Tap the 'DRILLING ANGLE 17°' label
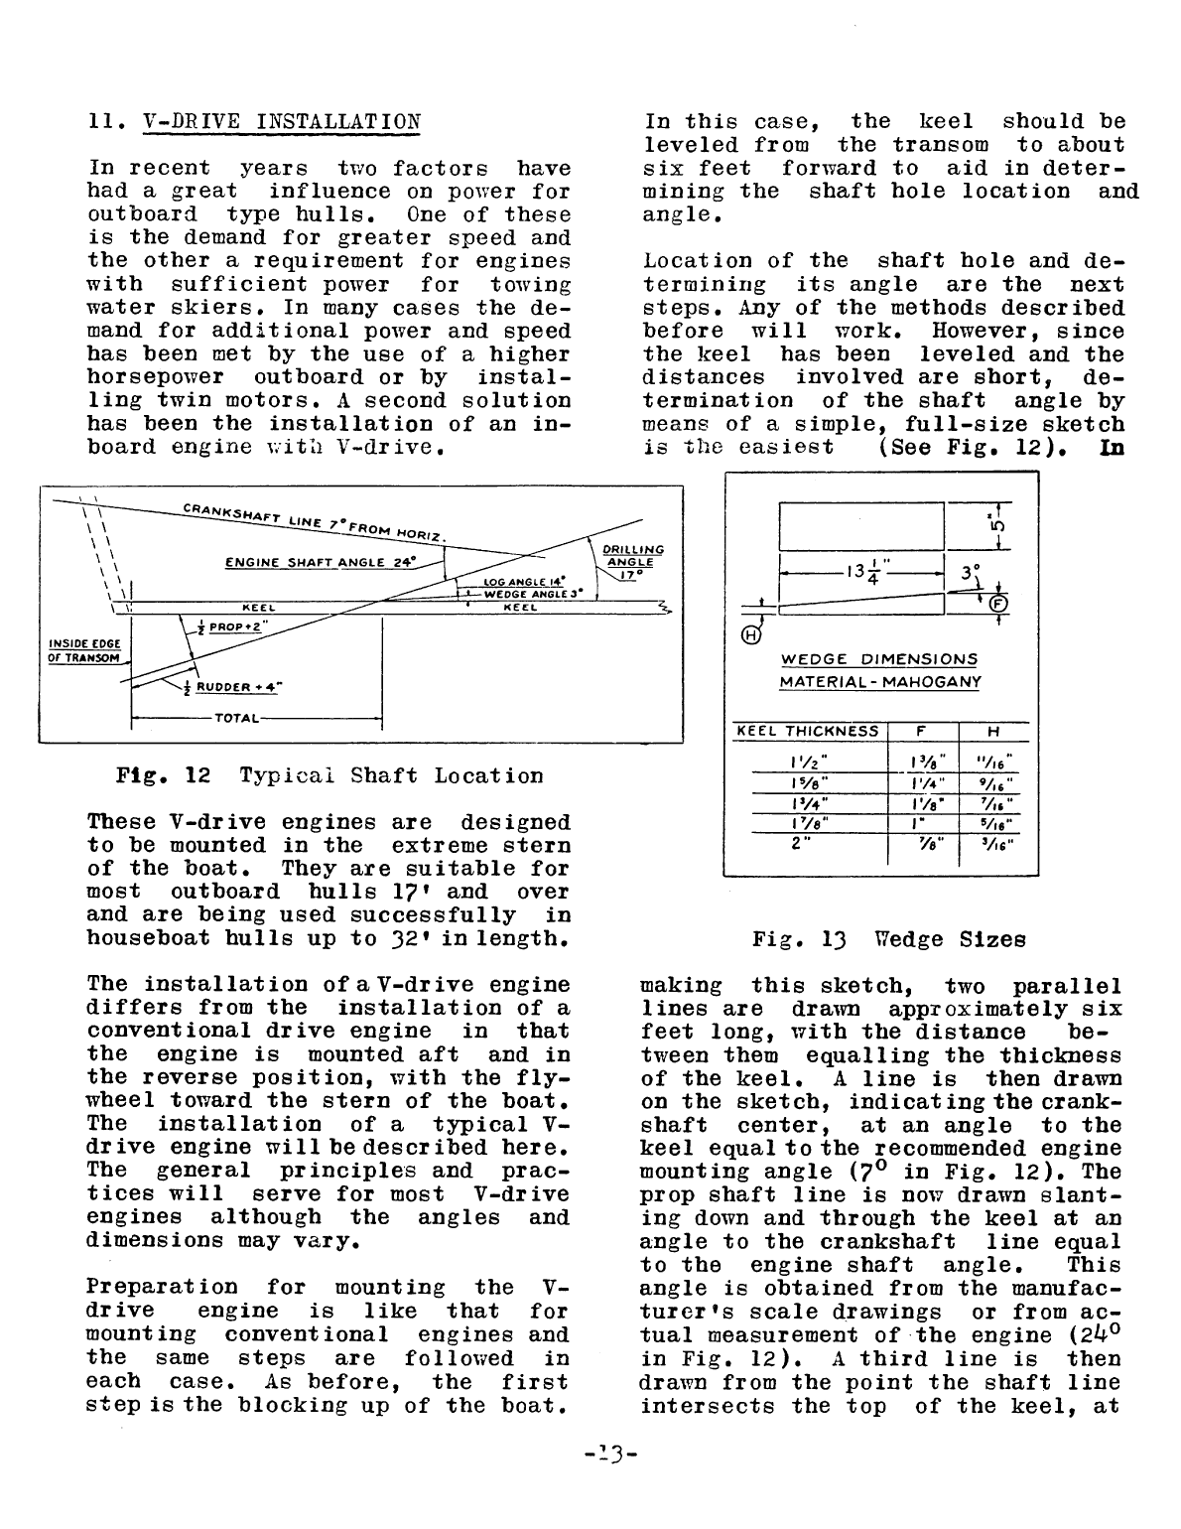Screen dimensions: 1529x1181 631,561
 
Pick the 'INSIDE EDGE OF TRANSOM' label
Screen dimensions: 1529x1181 83,651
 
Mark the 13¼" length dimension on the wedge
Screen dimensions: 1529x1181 860,574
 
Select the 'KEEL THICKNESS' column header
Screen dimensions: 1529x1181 807,732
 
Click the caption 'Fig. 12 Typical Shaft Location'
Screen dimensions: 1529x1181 330,775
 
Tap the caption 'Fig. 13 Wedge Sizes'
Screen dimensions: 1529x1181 888,938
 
